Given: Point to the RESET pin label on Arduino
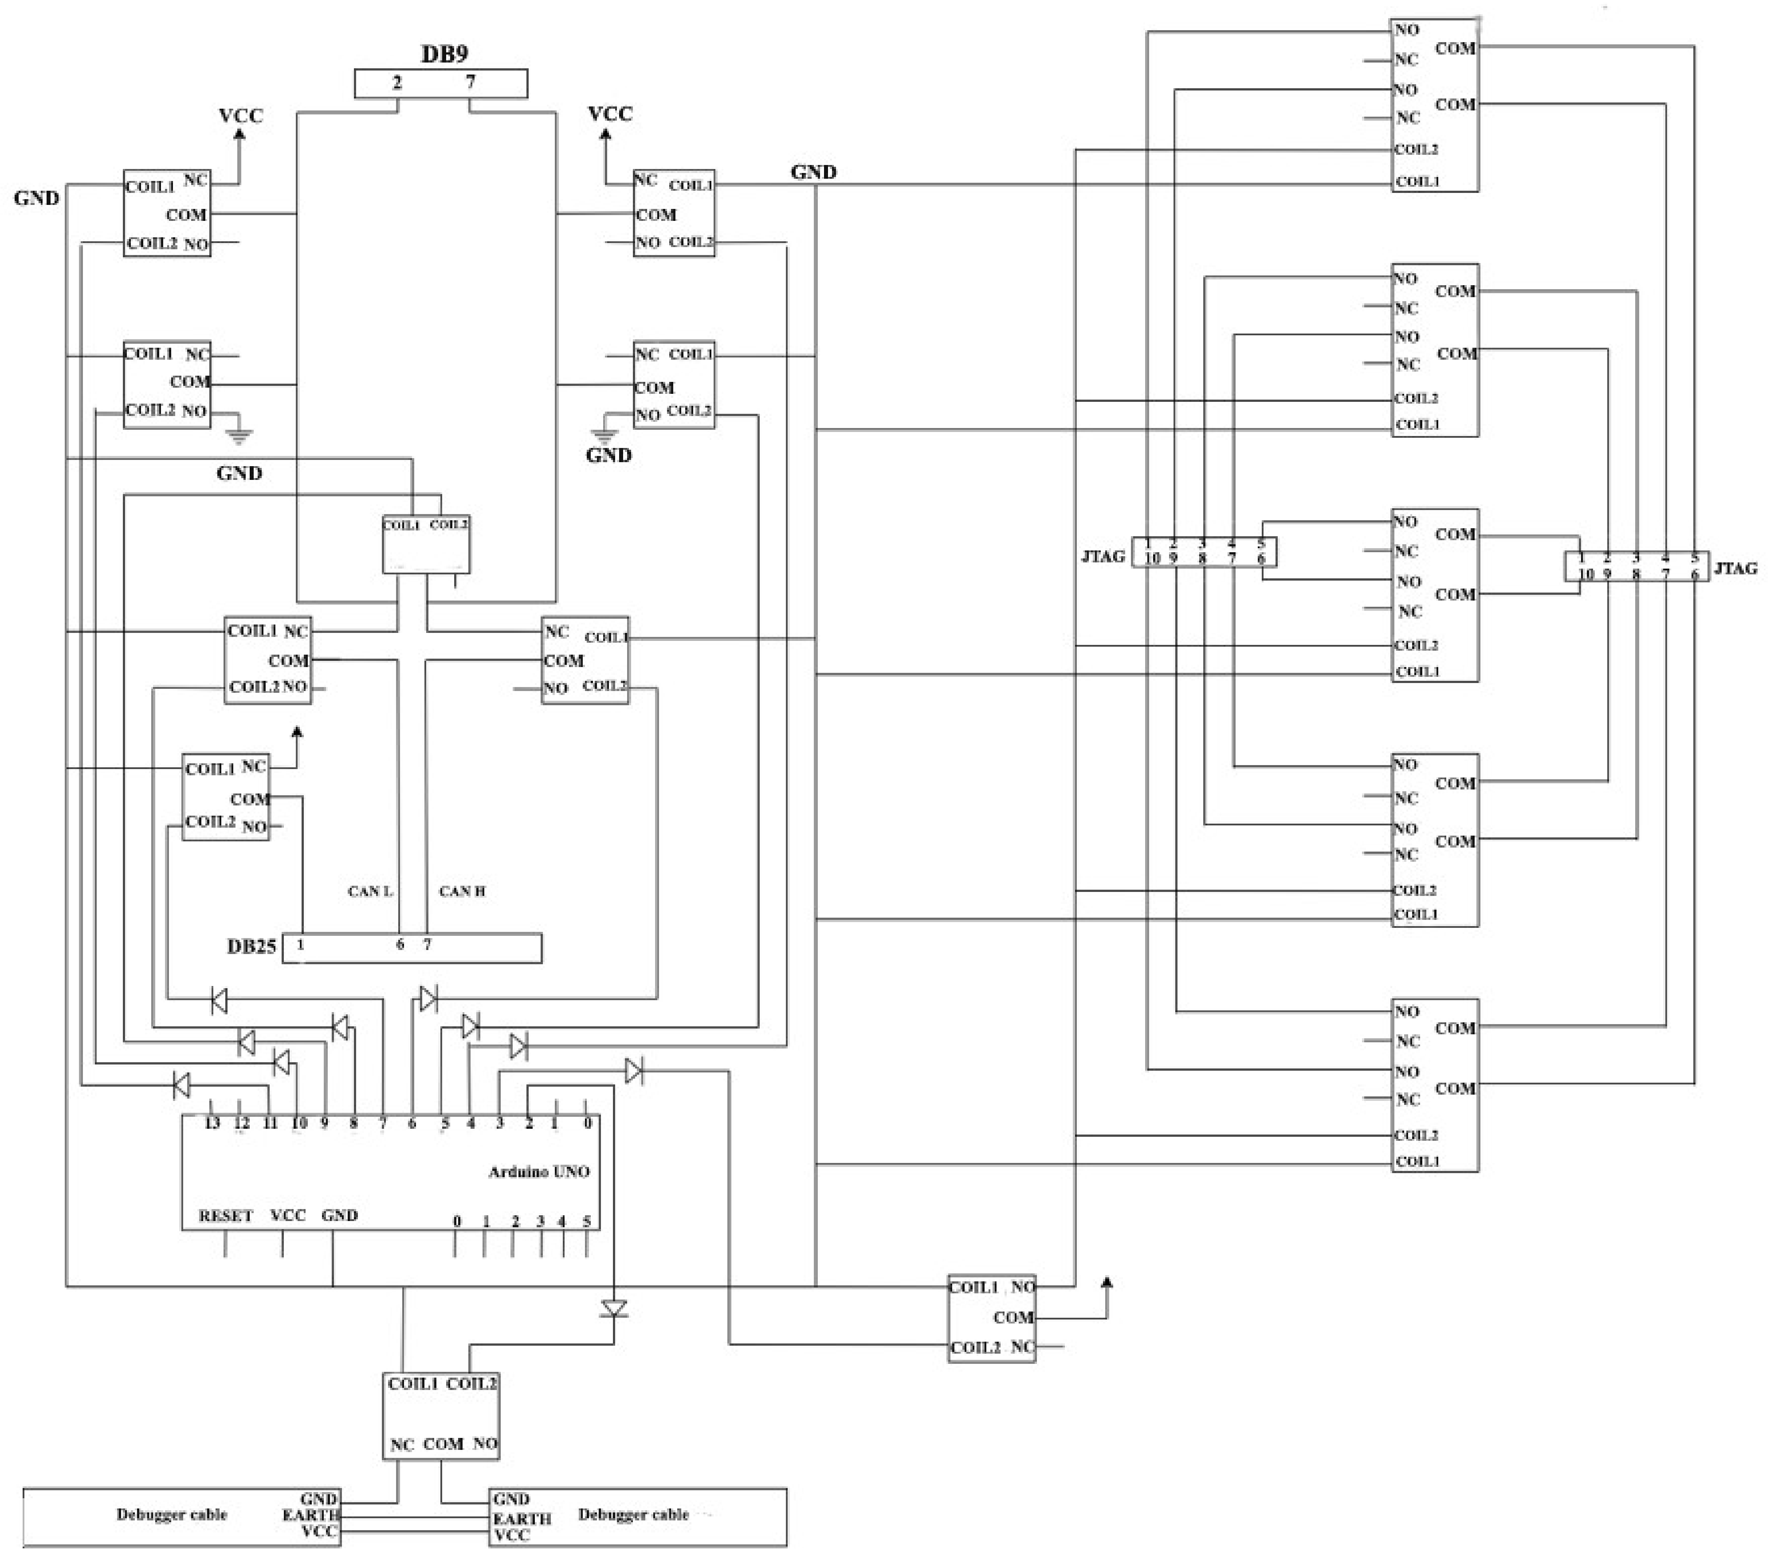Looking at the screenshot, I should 225,1215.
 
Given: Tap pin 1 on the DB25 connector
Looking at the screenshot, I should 300,944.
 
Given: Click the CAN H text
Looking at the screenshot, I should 462,891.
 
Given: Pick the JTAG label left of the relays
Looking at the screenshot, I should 1103,555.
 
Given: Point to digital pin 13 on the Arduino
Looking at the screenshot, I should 212,1123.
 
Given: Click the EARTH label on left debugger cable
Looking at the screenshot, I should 310,1515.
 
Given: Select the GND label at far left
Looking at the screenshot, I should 36,198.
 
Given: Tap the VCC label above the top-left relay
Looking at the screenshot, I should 240,115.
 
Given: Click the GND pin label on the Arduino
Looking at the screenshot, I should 339,1215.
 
